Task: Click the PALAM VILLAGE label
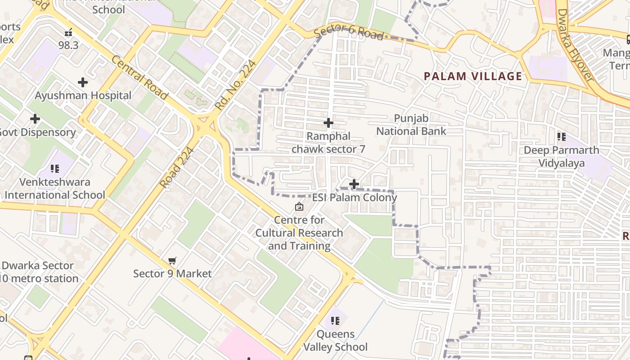pyautogui.click(x=473, y=76)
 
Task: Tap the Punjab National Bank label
pyautogui.click(x=411, y=125)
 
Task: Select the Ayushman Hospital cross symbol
pyautogui.click(x=83, y=82)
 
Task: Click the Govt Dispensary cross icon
pyautogui.click(x=35, y=119)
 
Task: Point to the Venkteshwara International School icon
pyautogui.click(x=55, y=169)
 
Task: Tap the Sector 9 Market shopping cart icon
pyautogui.click(x=172, y=261)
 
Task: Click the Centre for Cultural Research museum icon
pyautogui.click(x=299, y=207)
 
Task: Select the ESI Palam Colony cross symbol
pyautogui.click(x=354, y=184)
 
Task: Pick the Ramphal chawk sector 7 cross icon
pyautogui.click(x=328, y=122)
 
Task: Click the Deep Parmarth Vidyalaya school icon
pyautogui.click(x=561, y=136)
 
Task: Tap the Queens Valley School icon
pyautogui.click(x=335, y=321)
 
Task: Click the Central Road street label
pyautogui.click(x=139, y=78)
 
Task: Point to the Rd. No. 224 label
pyautogui.click(x=236, y=85)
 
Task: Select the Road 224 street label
pyautogui.click(x=177, y=168)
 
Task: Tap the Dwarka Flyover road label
pyautogui.click(x=575, y=45)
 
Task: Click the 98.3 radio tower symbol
pyautogui.click(x=68, y=32)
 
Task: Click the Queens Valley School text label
pyautogui.click(x=335, y=341)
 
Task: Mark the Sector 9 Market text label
pyautogui.click(x=172, y=274)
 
